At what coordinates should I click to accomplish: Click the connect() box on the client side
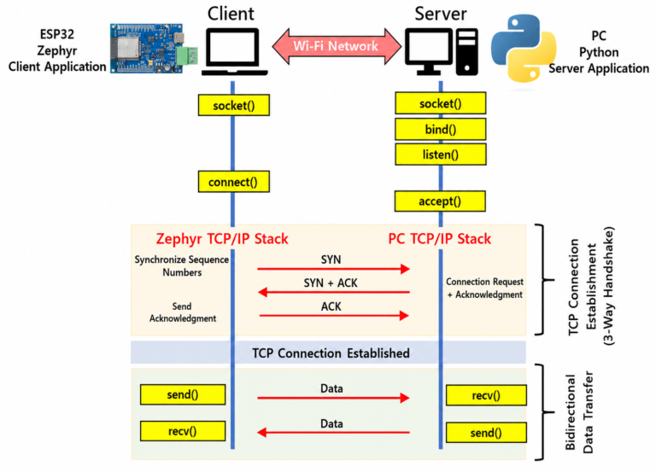tap(233, 182)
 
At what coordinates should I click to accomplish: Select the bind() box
tap(441, 129)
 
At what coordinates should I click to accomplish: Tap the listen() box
tap(441, 154)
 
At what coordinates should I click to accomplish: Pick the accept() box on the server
tap(440, 201)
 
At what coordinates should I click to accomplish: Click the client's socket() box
tap(233, 105)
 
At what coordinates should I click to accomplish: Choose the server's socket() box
tap(441, 103)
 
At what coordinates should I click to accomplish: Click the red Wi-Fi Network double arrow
tap(337, 46)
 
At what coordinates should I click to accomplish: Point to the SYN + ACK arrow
tap(333, 292)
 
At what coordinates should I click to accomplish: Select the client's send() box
tap(183, 394)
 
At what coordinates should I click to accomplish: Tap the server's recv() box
tap(486, 395)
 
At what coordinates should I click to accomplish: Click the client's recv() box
tap(183, 431)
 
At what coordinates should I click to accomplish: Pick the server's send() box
tap(486, 432)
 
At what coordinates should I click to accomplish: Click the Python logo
tap(524, 48)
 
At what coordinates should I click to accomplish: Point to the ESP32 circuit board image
tap(154, 48)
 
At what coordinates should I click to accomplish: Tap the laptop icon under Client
tap(234, 52)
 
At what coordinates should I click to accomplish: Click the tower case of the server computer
tap(467, 52)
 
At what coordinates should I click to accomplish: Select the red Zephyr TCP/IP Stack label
tap(222, 239)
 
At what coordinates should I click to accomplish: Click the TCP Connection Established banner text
tap(331, 353)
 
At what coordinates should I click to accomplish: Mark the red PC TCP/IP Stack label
tap(440, 239)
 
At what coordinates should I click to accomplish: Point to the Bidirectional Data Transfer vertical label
tap(579, 412)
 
